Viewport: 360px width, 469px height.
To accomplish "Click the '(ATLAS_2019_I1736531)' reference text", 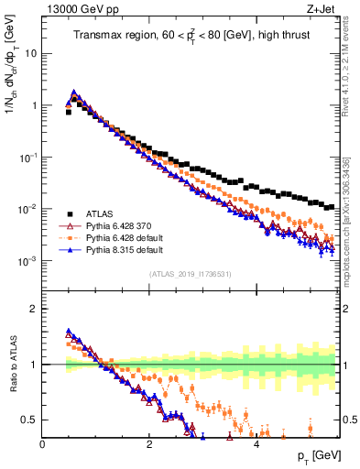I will coord(189,273).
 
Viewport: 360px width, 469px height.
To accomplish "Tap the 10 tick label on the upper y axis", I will coord(30,53).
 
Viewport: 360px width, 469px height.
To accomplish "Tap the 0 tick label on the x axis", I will coord(43,443).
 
